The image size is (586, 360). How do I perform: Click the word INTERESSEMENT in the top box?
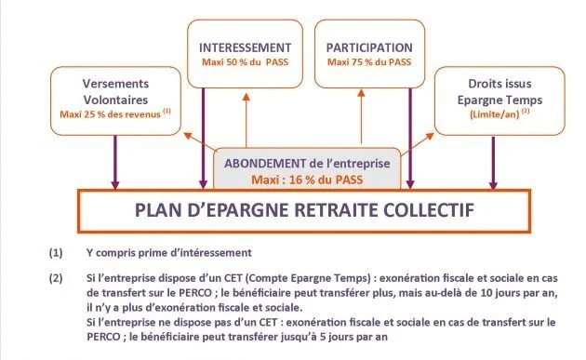click(246, 47)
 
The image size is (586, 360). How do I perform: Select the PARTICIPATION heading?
click(369, 47)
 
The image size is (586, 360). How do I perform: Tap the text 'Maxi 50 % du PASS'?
click(246, 62)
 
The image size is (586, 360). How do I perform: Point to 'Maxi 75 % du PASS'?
click(369, 62)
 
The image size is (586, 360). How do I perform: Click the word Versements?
click(115, 84)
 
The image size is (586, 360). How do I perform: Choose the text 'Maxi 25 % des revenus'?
click(111, 114)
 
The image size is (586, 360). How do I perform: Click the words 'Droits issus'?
click(499, 84)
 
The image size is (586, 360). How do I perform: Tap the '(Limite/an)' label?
click(495, 114)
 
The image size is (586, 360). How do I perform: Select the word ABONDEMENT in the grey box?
click(265, 164)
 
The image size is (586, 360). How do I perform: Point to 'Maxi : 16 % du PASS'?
click(307, 180)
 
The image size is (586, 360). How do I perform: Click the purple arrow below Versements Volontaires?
click(115, 162)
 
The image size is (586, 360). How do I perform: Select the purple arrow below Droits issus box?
click(493, 163)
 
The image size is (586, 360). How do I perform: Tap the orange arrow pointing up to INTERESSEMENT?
click(246, 120)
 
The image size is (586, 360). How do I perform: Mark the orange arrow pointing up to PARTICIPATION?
click(361, 116)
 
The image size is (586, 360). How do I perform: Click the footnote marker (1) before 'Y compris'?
click(56, 253)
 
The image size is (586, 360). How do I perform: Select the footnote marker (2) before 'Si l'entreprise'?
click(56, 278)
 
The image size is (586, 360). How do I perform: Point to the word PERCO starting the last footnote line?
click(103, 337)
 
